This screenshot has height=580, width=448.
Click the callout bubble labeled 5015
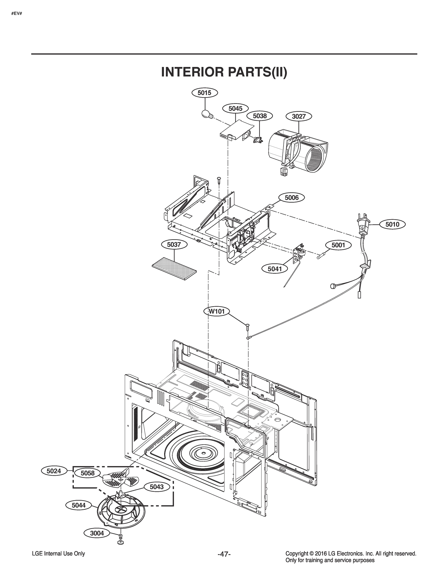point(205,93)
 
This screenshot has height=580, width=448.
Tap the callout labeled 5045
point(235,108)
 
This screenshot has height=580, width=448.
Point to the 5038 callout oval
point(260,116)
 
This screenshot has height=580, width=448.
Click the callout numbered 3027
point(299,116)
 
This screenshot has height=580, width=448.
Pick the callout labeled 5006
point(292,198)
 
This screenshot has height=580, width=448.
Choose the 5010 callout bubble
point(392,225)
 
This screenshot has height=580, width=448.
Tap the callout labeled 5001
point(338,245)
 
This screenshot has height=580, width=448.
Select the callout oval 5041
point(275,269)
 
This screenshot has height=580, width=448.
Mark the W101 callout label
point(217,311)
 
